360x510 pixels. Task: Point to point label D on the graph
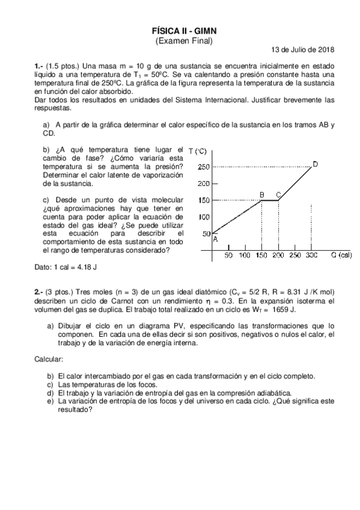pos(315,164)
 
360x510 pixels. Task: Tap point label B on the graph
pos(261,194)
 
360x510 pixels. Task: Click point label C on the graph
pos(278,194)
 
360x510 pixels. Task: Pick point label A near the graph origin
pos(215,239)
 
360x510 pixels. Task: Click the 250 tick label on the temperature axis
pos(204,167)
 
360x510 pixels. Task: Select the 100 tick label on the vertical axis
pos(204,217)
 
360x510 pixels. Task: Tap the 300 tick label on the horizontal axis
pos(311,256)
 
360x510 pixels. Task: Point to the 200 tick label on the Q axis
pos(278,256)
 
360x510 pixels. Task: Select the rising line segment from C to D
pos(295,183)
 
